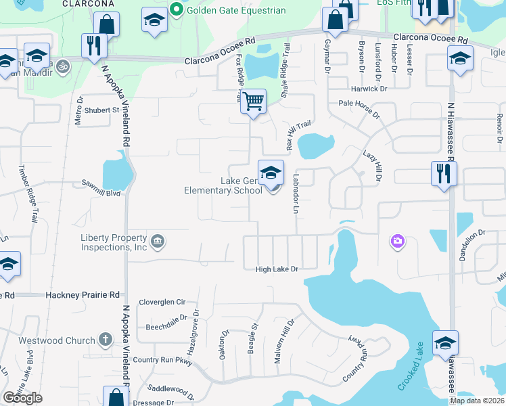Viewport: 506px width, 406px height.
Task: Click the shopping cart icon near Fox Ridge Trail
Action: tap(253, 101)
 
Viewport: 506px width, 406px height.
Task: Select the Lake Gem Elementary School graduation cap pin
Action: tap(271, 173)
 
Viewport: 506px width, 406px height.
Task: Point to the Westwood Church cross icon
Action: tap(105, 339)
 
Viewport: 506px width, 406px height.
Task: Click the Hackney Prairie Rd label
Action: tap(83, 295)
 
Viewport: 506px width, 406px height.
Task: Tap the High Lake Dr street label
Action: tap(277, 269)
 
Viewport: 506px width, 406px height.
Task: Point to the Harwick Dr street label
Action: tap(369, 89)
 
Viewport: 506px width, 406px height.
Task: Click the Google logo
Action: tap(22, 398)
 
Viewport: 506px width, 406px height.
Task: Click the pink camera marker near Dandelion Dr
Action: tap(397, 241)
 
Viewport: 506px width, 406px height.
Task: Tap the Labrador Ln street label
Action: tap(296, 194)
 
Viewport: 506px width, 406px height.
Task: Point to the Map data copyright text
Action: tap(478, 401)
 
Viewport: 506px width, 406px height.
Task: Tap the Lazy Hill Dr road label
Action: tap(372, 168)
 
